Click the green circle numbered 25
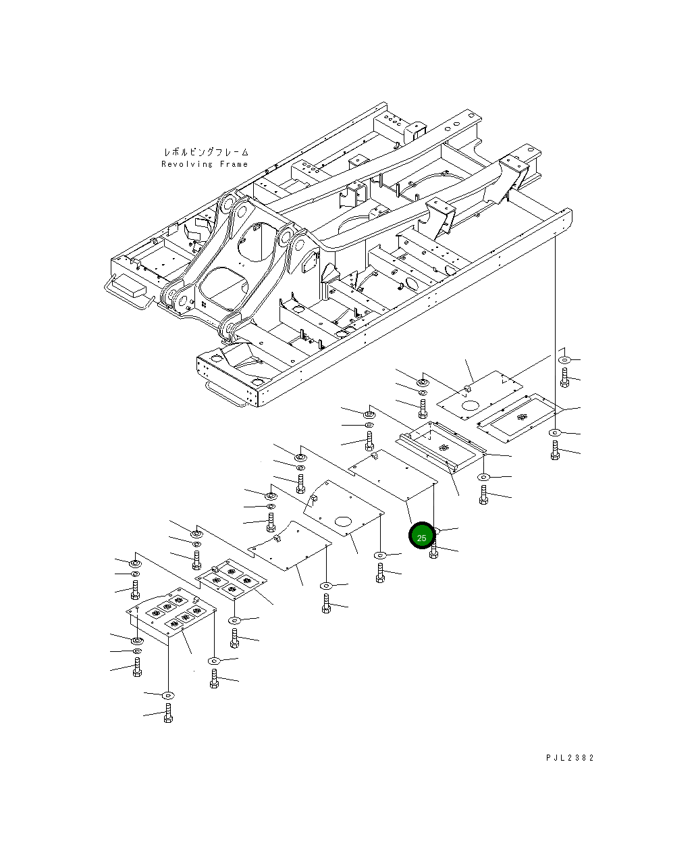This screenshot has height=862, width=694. (x=422, y=536)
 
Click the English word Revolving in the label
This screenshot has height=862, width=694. (x=187, y=164)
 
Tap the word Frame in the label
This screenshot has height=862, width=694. (x=233, y=164)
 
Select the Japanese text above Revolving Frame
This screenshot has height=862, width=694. (x=206, y=153)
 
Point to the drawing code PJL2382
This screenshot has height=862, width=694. (x=570, y=758)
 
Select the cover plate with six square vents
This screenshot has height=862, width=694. (x=171, y=614)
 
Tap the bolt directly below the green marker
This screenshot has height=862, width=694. (x=433, y=553)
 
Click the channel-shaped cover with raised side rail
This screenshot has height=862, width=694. (x=440, y=445)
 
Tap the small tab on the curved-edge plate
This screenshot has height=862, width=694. (x=277, y=539)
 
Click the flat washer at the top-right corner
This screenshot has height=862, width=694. (x=565, y=360)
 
